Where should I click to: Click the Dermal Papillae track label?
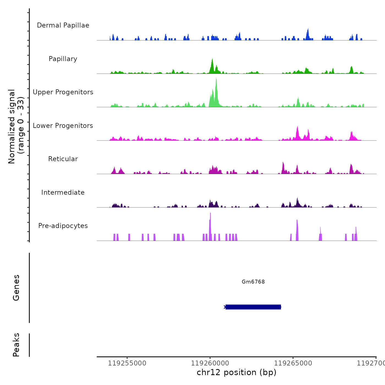pyautogui.click(x=63, y=25)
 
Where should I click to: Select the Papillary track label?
pyautogui.click(x=63, y=59)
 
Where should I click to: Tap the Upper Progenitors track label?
pyautogui.click(x=63, y=92)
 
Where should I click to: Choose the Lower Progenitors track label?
pyautogui.click(x=63, y=126)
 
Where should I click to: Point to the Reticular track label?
pyautogui.click(x=63, y=159)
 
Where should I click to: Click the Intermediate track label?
pyautogui.click(x=63, y=193)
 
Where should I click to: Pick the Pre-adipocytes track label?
pyautogui.click(x=63, y=226)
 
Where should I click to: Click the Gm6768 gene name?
pyautogui.click(x=253, y=282)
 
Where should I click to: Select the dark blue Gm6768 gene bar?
pyautogui.click(x=253, y=307)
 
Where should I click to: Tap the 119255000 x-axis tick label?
pyautogui.click(x=127, y=363)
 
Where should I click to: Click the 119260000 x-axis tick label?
pyautogui.click(x=210, y=363)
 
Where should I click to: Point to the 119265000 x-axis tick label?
pyautogui.click(x=293, y=363)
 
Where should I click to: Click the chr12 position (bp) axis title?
pyautogui.click(x=237, y=372)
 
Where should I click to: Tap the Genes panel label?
pyautogui.click(x=16, y=288)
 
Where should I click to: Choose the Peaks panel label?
pyautogui.click(x=16, y=345)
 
